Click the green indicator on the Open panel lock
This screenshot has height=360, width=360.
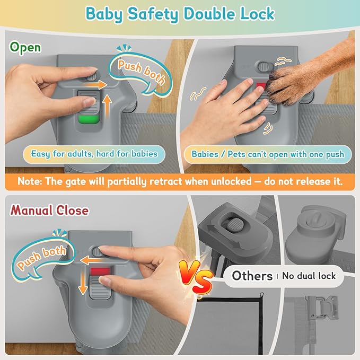[x=89, y=119]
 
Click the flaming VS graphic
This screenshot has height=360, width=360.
[x=196, y=277]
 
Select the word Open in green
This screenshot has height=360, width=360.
[x=25, y=48]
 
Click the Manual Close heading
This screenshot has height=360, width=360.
[x=49, y=210]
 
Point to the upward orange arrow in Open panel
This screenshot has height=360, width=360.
[x=107, y=107]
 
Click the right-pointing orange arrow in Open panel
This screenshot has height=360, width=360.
[x=96, y=84]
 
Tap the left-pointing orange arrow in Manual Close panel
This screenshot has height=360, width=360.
[x=92, y=260]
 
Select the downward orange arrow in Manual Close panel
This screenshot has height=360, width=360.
[x=83, y=284]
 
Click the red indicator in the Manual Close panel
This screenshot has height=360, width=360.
[x=100, y=271]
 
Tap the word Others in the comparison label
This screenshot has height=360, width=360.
[x=252, y=276]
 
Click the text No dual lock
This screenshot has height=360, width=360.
[x=309, y=276]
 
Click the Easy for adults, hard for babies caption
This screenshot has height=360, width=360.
[x=94, y=154]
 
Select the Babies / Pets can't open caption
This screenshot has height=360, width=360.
[x=268, y=154]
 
